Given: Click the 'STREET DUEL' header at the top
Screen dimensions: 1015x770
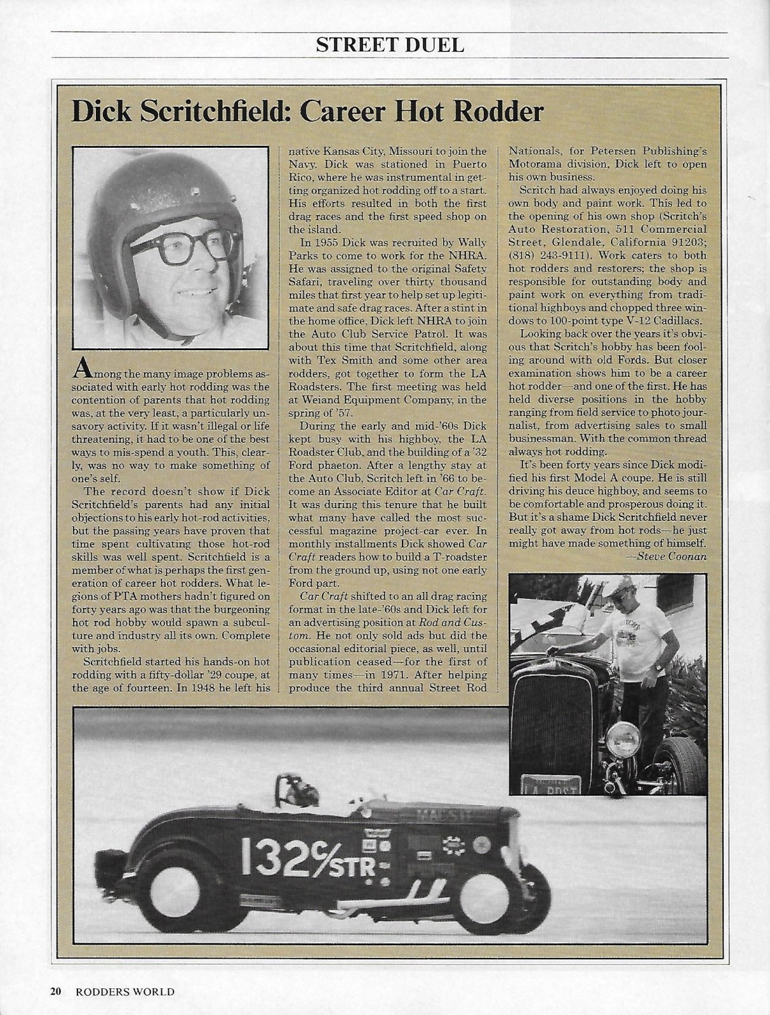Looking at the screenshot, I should [390, 45].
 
